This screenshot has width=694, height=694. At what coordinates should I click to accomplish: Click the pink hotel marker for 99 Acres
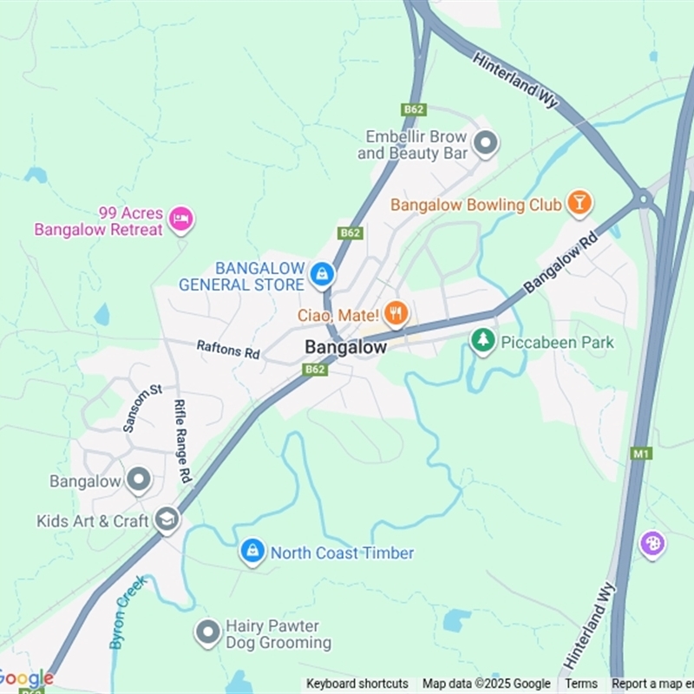(x=180, y=219)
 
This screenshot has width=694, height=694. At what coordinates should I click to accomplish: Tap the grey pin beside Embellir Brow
(x=486, y=143)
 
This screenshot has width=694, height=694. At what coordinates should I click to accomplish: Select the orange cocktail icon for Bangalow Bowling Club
(x=579, y=204)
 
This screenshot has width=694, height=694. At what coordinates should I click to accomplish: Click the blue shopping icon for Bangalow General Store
(x=322, y=275)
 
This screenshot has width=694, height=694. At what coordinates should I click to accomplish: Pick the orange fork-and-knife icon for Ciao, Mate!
(x=396, y=313)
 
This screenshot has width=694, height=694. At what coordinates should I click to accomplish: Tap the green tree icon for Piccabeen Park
(x=482, y=341)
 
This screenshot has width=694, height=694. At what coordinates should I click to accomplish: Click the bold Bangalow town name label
(x=345, y=347)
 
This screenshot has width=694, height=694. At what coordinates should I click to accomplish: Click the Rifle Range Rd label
(x=181, y=442)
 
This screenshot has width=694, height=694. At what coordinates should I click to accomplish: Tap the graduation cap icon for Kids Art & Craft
(x=167, y=520)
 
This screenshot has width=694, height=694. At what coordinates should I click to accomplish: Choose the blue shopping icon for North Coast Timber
(x=252, y=552)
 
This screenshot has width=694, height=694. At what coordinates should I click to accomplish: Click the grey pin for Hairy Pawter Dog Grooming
(x=207, y=633)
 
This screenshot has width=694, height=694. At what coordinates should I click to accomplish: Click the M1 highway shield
(x=641, y=453)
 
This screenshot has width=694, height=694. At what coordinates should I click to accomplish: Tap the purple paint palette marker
(x=652, y=545)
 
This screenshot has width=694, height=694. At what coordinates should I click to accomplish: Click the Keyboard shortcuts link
(x=357, y=684)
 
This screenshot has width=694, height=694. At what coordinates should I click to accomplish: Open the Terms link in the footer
(x=581, y=684)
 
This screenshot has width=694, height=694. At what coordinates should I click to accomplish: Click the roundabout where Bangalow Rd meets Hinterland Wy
(x=643, y=199)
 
